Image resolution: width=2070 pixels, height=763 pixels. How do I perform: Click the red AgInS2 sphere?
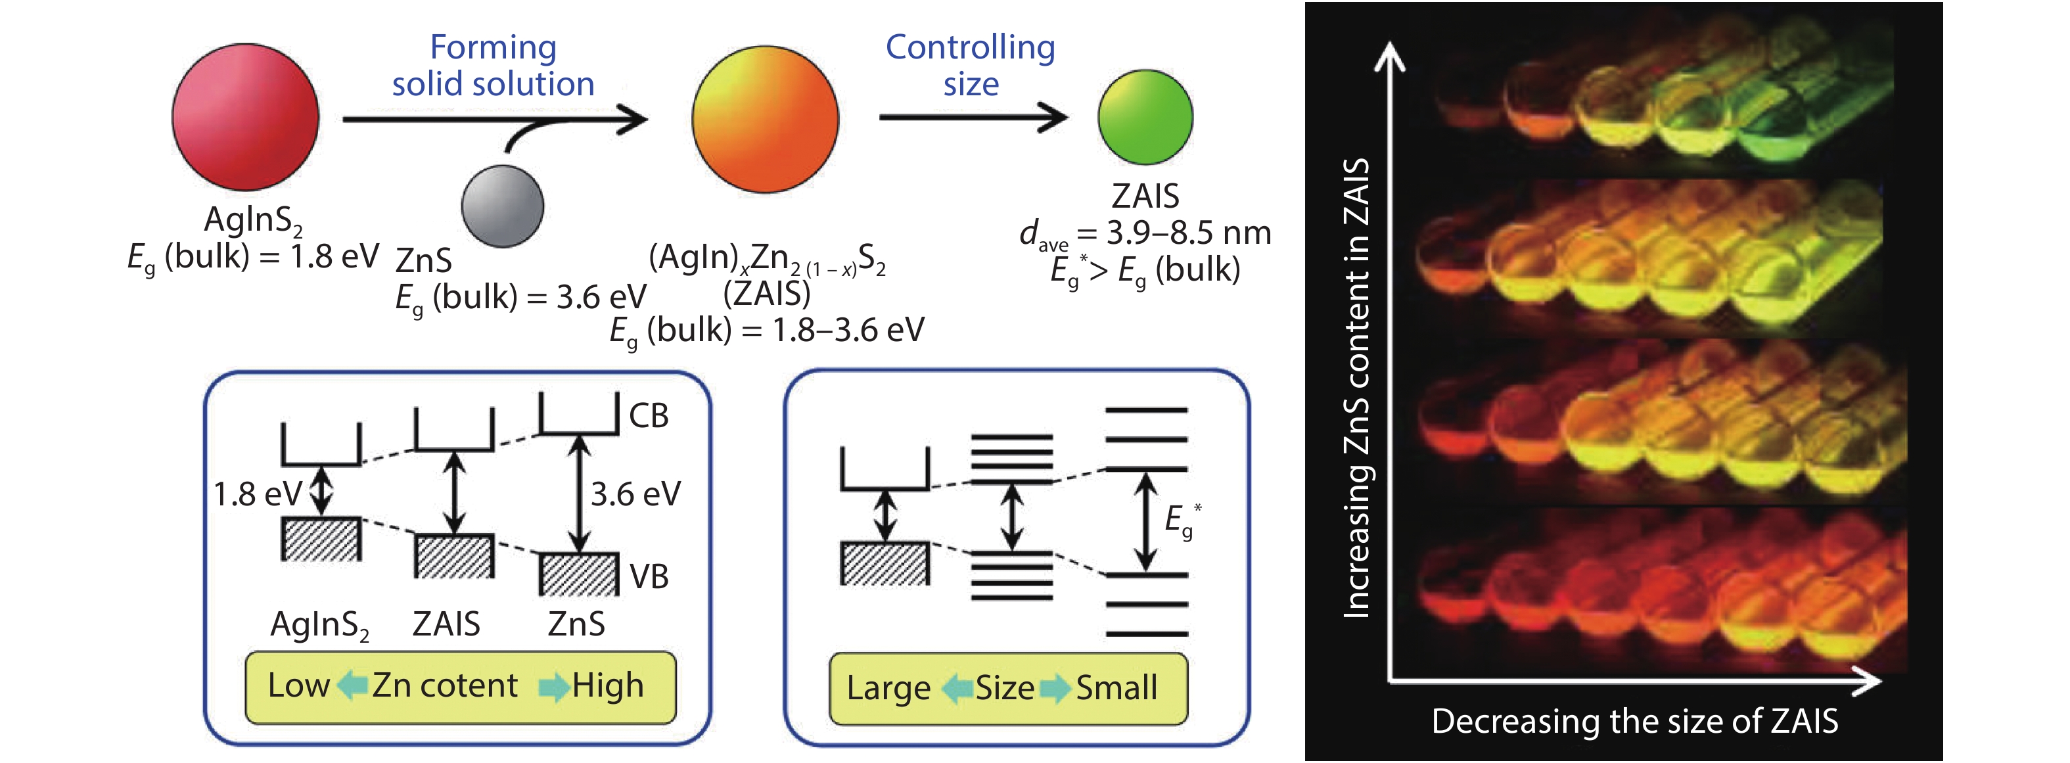(x=245, y=118)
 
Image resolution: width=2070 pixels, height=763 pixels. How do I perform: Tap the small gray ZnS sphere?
(x=502, y=206)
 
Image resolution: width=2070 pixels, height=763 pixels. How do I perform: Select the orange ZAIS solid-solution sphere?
(x=765, y=119)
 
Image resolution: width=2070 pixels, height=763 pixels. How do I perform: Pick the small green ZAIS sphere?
(x=1145, y=118)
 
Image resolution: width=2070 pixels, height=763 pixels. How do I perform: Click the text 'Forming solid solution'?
(x=493, y=66)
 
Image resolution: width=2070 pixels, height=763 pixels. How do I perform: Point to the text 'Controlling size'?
(x=970, y=66)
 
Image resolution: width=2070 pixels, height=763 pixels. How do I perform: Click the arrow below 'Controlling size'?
(x=973, y=118)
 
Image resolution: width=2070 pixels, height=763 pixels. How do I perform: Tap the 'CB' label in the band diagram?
(x=649, y=415)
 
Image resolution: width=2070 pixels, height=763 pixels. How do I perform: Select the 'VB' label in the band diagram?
(x=649, y=576)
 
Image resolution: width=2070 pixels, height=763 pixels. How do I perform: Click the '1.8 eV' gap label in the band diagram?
(x=257, y=494)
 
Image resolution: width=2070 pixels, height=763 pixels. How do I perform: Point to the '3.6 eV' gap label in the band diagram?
(x=635, y=494)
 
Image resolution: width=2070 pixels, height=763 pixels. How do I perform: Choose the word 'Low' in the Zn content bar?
(x=298, y=686)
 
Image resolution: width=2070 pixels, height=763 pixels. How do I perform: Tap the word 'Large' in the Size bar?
(x=888, y=688)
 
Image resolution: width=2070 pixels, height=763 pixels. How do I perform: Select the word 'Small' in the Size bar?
(x=1116, y=688)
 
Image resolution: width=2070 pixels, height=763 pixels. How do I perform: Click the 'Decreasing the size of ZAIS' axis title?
(x=1634, y=721)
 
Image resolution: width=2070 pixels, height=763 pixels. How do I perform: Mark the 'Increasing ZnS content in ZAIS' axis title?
(x=1357, y=388)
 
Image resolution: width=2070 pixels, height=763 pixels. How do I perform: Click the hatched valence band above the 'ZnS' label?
(x=578, y=574)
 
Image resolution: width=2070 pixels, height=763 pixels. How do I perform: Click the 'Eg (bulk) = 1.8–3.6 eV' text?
(x=767, y=331)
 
